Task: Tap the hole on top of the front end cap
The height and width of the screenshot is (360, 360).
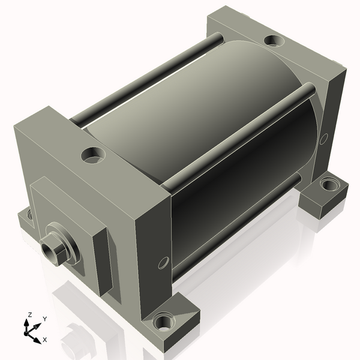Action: (93, 155)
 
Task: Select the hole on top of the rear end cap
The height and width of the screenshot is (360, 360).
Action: (274, 41)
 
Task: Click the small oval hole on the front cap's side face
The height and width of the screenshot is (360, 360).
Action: (163, 263)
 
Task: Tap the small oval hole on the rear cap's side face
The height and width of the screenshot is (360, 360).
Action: (323, 139)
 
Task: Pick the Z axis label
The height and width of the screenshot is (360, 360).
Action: (29, 315)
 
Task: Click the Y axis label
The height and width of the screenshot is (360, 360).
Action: (45, 319)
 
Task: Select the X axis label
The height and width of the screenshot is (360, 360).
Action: (45, 340)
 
